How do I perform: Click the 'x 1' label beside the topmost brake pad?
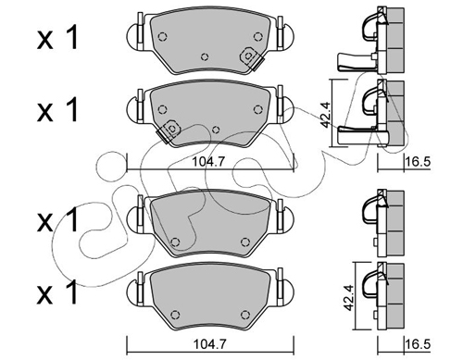click(57, 39)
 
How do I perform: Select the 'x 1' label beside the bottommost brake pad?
click(57, 292)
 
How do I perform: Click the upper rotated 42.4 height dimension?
click(325, 115)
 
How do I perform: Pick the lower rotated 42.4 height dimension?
click(348, 298)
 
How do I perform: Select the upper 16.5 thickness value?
click(418, 161)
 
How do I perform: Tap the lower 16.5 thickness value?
click(418, 343)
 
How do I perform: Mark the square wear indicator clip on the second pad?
click(169, 130)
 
